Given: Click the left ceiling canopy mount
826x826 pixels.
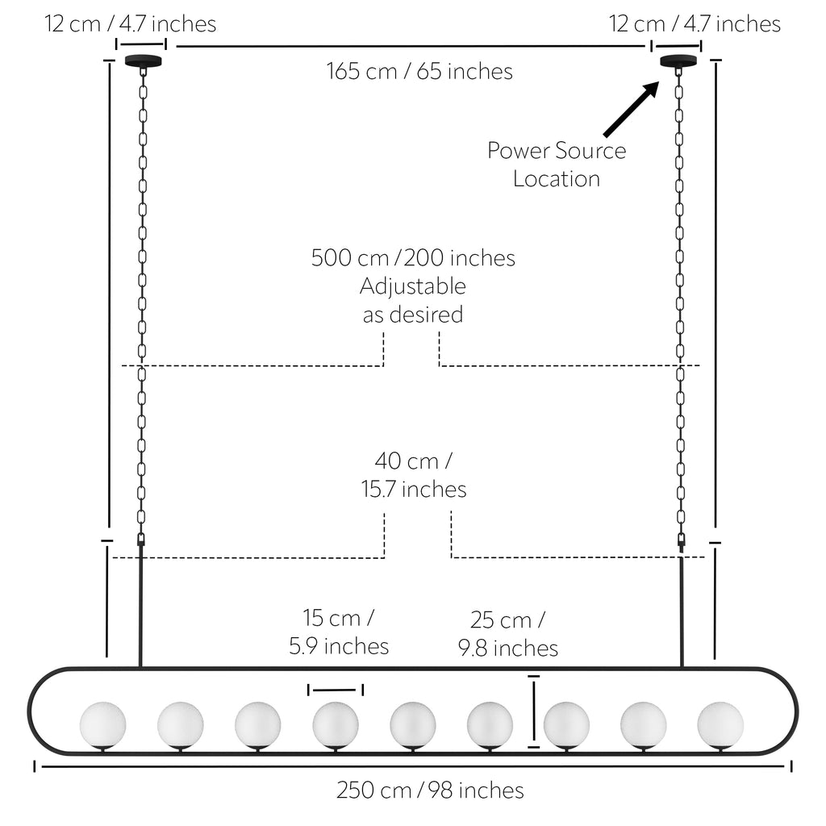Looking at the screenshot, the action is [144, 61].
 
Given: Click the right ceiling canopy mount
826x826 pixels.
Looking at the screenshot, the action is [678, 60].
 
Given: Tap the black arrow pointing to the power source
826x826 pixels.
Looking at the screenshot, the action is [632, 109].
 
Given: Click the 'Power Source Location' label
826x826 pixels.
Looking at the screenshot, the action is [557, 165].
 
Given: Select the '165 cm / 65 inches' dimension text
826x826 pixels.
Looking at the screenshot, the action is [419, 71].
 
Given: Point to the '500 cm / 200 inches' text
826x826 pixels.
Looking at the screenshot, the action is [413, 257].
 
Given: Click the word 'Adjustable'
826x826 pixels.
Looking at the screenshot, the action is [413, 286].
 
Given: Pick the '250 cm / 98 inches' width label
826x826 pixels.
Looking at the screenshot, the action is [430, 791].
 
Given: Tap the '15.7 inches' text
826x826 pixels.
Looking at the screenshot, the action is [414, 490].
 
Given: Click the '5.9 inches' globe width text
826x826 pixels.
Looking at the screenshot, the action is [339, 646].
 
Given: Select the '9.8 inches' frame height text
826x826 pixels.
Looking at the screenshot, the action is [508, 648].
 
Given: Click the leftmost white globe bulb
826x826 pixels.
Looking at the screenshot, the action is [102, 725].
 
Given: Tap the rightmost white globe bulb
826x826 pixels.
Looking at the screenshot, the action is [720, 725].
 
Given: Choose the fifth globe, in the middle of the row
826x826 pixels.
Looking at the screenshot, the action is [413, 725].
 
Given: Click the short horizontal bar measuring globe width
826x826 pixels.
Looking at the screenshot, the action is [336, 690].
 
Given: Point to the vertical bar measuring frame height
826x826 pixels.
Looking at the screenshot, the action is [534, 711].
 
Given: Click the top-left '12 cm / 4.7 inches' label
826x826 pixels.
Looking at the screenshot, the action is [130, 23].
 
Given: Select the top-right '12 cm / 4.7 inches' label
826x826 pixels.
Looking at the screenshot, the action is [695, 23].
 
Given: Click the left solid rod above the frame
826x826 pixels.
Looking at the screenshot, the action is [140, 606].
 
